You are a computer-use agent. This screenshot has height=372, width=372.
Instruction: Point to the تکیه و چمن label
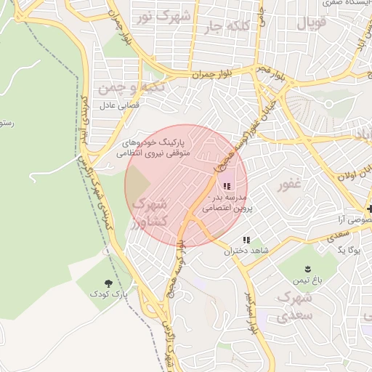(132, 87)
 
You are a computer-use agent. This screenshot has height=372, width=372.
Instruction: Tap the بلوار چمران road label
(211, 73)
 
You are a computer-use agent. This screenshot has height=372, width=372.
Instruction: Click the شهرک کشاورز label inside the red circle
(151, 211)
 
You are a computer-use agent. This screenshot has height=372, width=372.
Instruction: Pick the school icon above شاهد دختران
(246, 239)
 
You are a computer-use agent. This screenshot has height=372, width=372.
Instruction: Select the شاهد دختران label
(246, 251)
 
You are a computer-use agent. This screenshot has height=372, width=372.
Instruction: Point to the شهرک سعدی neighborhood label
(294, 307)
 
